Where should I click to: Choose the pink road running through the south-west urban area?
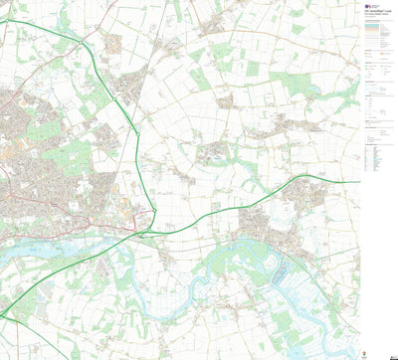click(60, 214)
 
